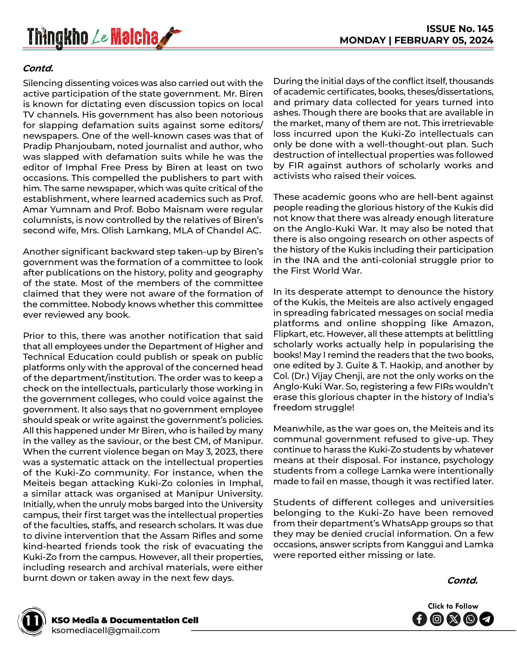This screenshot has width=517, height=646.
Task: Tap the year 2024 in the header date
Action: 481,40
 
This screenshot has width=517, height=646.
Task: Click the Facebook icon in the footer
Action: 420,619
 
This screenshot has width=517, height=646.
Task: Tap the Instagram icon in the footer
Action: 437,619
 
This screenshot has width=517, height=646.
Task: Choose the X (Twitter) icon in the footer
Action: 453,619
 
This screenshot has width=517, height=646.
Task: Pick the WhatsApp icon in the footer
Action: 470,619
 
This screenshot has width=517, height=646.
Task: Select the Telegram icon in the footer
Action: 487,619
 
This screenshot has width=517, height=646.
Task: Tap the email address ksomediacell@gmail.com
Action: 106,630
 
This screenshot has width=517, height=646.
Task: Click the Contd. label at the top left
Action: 38,68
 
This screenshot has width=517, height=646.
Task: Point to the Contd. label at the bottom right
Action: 462,581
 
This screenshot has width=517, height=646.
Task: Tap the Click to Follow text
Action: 453,606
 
